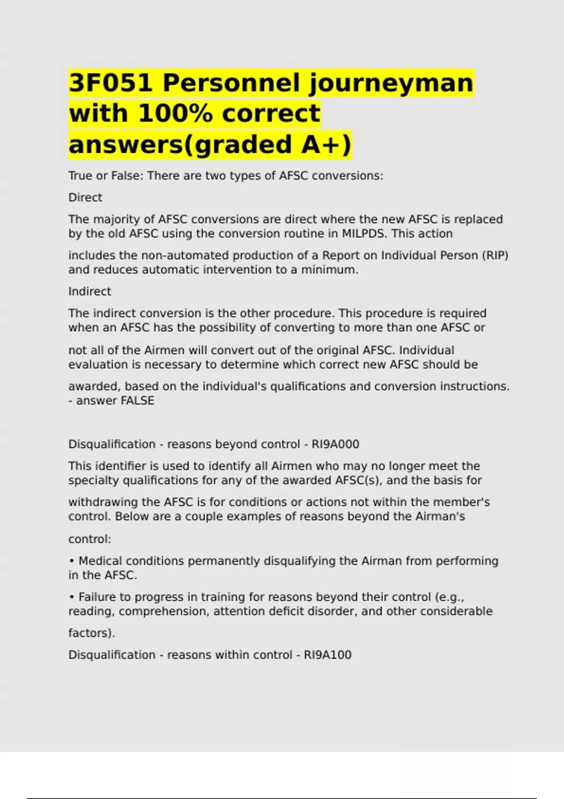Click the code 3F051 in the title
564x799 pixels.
click(x=110, y=83)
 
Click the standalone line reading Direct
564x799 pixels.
click(x=85, y=197)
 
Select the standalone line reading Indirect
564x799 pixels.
click(x=90, y=291)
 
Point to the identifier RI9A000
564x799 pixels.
click(x=335, y=444)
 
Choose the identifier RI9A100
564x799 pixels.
click(x=328, y=655)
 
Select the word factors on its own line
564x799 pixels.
click(x=90, y=633)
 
